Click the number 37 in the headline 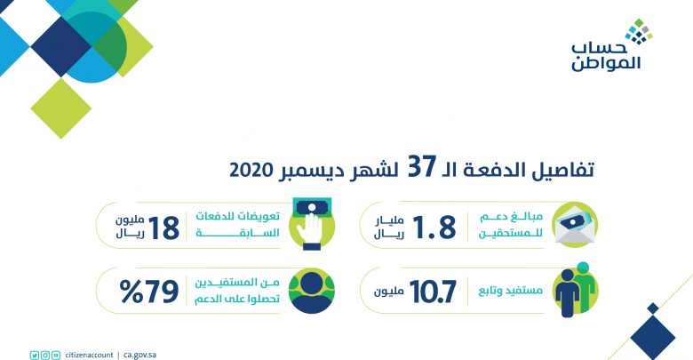[422, 167]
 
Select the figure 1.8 [434, 228]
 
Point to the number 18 [163, 228]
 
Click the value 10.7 [433, 292]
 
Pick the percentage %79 [149, 292]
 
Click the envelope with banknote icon [575, 224]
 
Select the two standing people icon [576, 289]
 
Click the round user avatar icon [312, 291]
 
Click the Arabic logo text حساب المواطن [606, 57]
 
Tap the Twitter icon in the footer [35, 356]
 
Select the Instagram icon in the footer [45, 356]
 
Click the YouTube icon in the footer [56, 356]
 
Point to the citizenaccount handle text [89, 356]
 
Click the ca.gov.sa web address [140, 356]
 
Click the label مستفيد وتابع [511, 291]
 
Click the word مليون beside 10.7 [388, 292]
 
